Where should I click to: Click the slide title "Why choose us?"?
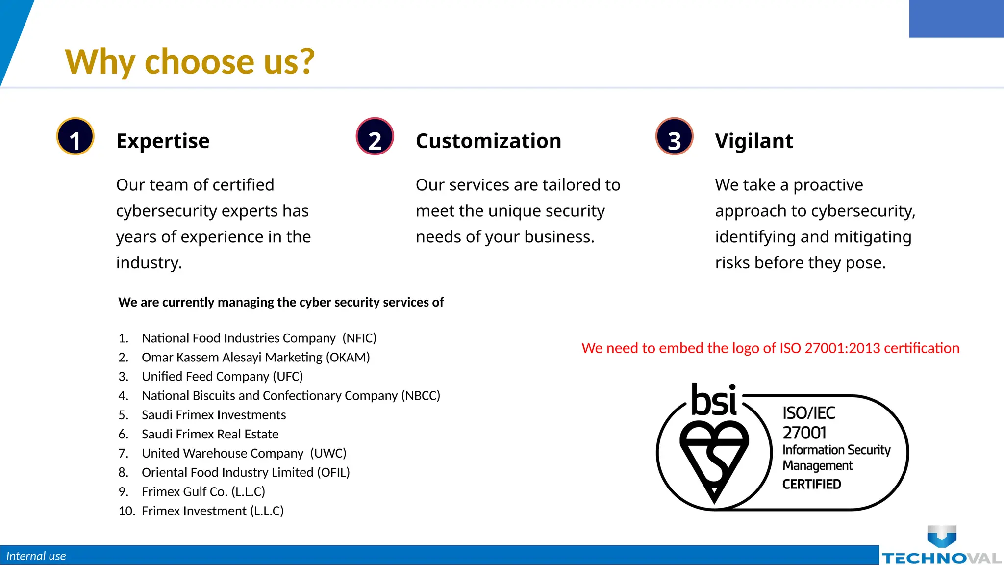tap(189, 62)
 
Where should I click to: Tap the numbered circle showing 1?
tap(75, 136)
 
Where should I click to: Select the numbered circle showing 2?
tap(375, 136)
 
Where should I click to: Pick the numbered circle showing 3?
tap(674, 136)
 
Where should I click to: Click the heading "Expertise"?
tap(163, 141)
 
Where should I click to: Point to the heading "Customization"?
tap(488, 141)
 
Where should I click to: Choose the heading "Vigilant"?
tap(753, 141)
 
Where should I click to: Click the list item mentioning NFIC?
tap(258, 338)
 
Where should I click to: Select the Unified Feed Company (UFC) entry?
tap(222, 377)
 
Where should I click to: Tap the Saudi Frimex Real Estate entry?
tap(210, 434)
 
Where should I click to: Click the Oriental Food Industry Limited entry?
tap(245, 472)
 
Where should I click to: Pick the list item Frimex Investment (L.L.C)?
tap(212, 511)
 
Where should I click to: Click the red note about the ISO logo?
tap(770, 348)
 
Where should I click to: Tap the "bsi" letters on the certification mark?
tap(714, 400)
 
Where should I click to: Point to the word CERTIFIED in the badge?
tap(811, 485)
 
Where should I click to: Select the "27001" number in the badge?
tap(804, 433)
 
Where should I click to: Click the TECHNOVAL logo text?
tap(941, 558)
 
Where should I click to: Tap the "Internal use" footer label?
tap(36, 556)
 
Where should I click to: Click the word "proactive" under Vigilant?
tap(828, 185)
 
